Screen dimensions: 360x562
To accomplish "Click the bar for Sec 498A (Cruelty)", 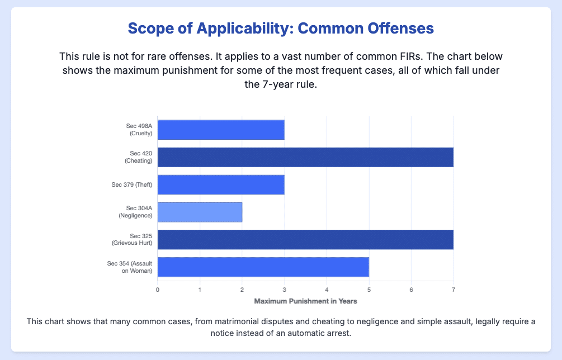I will click(x=221, y=130).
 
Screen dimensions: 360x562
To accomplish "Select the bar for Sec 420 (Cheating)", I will click(x=305, y=157).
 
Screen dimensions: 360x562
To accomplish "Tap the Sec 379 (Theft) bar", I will click(x=221, y=184).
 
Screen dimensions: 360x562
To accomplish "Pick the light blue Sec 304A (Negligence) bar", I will click(x=200, y=212).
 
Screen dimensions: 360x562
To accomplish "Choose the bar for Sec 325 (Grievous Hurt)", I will click(x=305, y=239).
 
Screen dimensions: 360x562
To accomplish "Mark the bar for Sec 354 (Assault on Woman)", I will click(x=263, y=267).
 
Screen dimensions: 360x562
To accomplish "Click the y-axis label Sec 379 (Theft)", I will click(x=131, y=184).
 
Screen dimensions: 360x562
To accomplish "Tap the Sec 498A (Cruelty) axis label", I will click(x=139, y=130).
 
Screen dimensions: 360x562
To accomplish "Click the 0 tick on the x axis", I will click(x=158, y=289).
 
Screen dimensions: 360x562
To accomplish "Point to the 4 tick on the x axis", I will click(x=327, y=289).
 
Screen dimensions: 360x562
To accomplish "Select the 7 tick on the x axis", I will click(x=454, y=289).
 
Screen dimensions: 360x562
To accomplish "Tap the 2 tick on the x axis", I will click(x=242, y=289).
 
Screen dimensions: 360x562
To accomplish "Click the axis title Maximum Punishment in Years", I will click(x=305, y=301).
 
